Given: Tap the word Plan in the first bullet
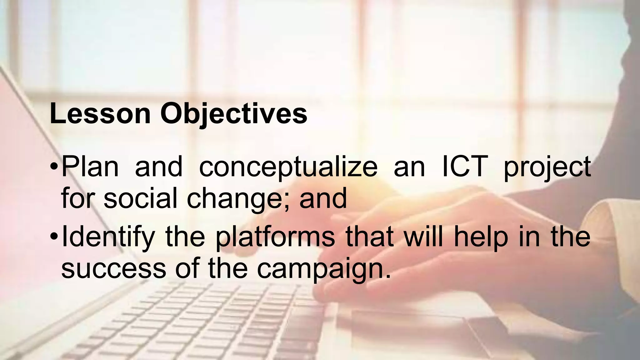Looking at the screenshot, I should click(x=90, y=167).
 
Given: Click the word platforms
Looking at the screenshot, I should click(x=275, y=238).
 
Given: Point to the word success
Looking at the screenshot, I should click(x=114, y=269).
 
